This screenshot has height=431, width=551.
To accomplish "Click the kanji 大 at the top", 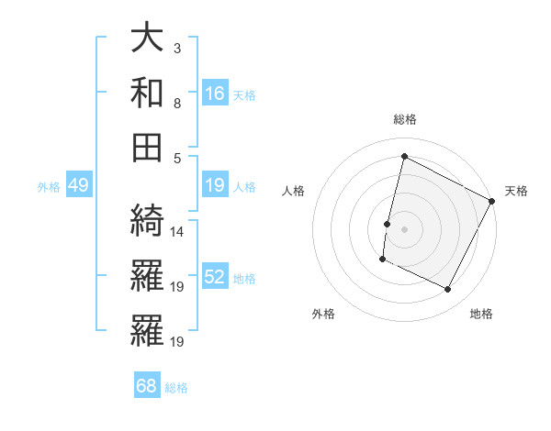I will [x=147, y=39].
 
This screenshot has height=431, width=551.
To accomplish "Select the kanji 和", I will [x=147, y=94].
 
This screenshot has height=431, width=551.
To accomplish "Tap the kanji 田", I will [x=147, y=147].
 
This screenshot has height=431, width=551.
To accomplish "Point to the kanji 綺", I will [x=147, y=221].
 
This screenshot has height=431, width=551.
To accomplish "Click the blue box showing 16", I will [x=215, y=94].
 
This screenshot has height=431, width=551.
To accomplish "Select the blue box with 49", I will [x=78, y=186].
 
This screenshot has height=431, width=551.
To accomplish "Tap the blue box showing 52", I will [x=215, y=278].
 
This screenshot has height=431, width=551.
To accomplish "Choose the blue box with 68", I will [x=147, y=386].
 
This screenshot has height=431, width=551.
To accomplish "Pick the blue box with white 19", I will [x=215, y=186].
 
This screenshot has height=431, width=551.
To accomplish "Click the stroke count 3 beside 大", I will [x=176, y=48].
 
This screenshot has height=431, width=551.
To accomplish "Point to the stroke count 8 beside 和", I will [x=176, y=103].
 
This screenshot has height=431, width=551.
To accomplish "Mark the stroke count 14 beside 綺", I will [x=178, y=232].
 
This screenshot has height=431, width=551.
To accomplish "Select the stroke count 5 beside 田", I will [x=176, y=157].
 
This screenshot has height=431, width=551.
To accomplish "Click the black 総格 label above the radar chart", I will [x=404, y=119].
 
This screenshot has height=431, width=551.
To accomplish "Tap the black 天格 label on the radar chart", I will [x=516, y=191].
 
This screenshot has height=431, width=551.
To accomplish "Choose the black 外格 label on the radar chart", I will [x=323, y=314].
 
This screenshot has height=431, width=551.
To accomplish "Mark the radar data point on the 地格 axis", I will [x=448, y=290].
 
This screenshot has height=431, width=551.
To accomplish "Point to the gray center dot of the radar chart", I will [x=404, y=228].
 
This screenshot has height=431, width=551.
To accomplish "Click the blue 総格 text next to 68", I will [x=177, y=387].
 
